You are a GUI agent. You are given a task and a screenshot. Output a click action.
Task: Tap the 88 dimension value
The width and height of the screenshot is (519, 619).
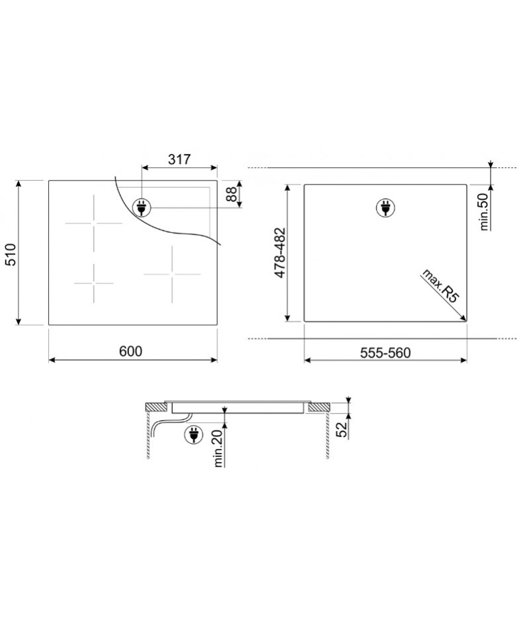coord(231,194)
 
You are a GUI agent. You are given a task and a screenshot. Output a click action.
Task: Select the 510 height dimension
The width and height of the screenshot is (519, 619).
coord(11,255)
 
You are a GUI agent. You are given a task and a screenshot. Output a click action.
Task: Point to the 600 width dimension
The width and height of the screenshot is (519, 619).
coord(130,351)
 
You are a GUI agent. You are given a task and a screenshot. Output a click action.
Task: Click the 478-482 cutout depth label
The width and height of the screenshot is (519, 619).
coord(280,253)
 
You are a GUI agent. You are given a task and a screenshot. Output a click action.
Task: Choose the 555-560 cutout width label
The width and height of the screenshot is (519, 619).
coord(385,352)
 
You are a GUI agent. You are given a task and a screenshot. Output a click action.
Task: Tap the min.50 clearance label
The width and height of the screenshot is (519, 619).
coord(485,212)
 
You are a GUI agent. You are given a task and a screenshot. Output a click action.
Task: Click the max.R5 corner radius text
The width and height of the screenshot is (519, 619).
coord(442,285)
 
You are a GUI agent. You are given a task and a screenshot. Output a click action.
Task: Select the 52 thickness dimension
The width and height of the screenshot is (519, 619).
coord(342,430)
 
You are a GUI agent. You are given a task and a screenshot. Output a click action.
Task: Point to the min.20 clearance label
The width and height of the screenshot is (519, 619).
coord(218,448)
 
